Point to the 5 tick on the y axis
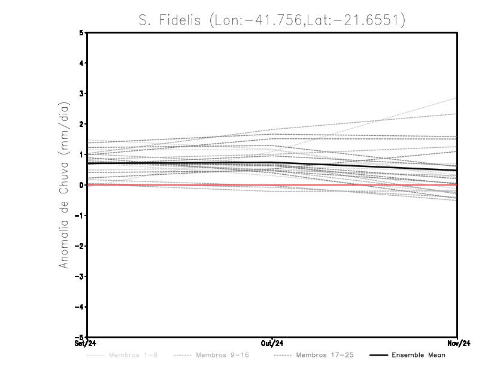click(82, 33)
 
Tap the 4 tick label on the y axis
click(82, 63)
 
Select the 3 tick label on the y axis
click(82, 94)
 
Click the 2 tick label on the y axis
click(82, 124)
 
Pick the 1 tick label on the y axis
click(82, 154)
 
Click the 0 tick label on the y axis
click(82, 185)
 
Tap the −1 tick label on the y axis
click(80, 216)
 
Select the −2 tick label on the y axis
click(80, 246)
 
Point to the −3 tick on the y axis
click(80, 277)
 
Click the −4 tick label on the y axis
click(80, 307)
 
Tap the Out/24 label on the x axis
click(272, 344)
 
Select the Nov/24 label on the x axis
click(457, 344)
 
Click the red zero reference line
click(180, 186)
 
